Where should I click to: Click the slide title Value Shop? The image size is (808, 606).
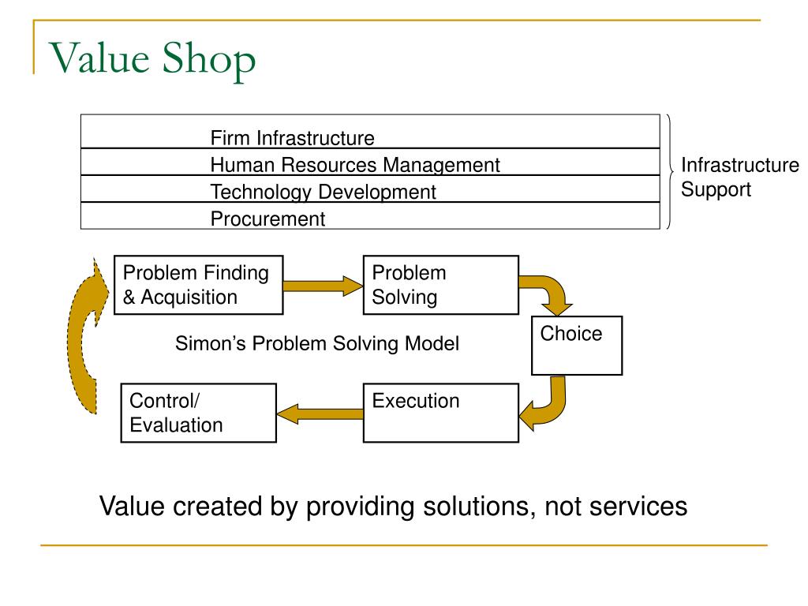(153, 58)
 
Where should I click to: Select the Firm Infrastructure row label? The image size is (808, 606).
(292, 139)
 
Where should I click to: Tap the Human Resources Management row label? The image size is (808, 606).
(355, 165)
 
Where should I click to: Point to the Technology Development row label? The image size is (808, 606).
(323, 192)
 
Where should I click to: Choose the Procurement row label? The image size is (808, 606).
(267, 219)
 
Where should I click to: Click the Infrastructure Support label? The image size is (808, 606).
(739, 178)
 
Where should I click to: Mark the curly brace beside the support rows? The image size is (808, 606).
(669, 171)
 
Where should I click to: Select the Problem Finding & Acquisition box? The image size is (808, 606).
(198, 285)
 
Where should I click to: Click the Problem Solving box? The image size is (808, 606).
(440, 285)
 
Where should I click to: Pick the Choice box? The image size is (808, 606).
(577, 345)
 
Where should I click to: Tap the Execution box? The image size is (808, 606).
(440, 412)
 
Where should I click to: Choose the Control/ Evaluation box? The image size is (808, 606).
(198, 413)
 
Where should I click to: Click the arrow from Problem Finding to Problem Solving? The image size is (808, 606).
(322, 285)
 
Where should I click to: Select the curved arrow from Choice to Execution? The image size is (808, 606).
(549, 406)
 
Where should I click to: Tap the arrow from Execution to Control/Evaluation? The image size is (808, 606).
(319, 411)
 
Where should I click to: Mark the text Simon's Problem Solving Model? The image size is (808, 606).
(316, 344)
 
